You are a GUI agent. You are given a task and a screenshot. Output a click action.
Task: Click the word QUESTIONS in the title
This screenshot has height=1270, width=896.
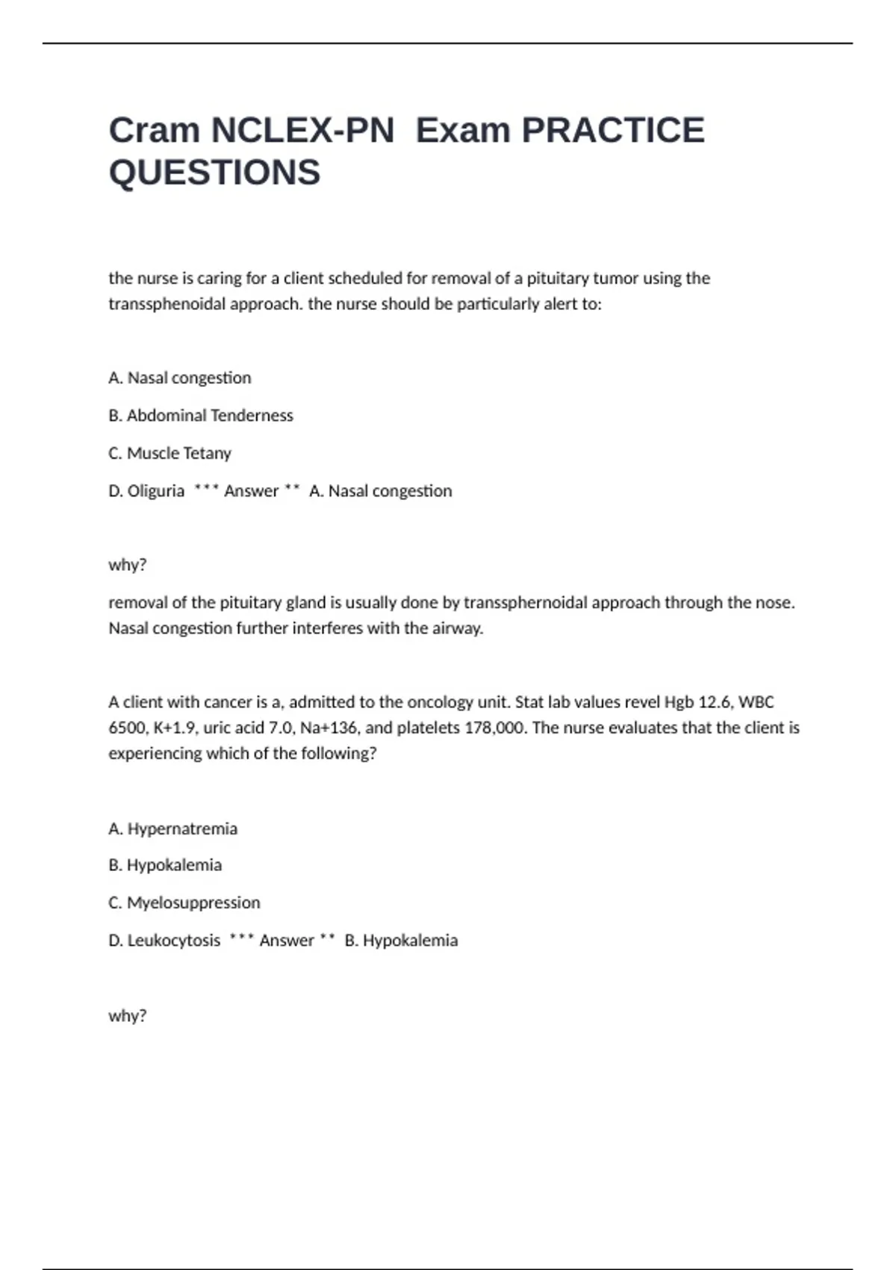[x=214, y=173]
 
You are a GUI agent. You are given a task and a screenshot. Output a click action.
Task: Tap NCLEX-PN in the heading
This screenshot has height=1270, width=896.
[x=302, y=130]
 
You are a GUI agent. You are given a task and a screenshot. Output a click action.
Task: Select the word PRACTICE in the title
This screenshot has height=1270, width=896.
[x=612, y=130]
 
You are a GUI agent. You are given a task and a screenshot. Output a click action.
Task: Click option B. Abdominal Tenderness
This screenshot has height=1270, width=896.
[x=201, y=415]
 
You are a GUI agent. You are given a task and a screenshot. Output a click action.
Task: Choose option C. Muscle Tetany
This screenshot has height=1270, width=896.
[x=170, y=453]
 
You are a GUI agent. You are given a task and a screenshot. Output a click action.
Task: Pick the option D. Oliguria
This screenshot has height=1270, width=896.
[x=146, y=491]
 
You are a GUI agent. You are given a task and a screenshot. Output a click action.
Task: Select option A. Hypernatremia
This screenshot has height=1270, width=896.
[x=173, y=828]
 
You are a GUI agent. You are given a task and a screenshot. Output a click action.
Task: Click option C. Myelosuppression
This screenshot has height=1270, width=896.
[x=184, y=902]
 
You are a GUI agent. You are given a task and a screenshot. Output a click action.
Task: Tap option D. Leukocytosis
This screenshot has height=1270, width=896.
[x=164, y=941]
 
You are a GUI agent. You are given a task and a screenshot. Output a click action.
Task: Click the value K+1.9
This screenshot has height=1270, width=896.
[x=174, y=728]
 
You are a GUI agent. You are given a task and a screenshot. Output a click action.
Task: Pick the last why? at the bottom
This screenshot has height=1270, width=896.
[x=128, y=1016]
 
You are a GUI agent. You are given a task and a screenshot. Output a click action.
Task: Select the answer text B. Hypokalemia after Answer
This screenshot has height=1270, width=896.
[x=401, y=941]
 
